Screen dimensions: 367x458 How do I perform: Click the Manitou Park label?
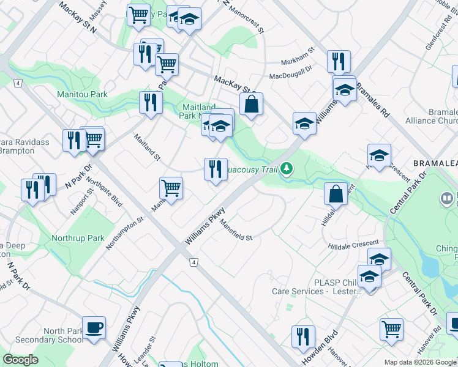point(82,94)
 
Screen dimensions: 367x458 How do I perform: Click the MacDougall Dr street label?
point(291,72)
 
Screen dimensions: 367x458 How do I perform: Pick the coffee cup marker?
point(94,328)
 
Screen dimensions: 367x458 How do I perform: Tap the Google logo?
point(21,360)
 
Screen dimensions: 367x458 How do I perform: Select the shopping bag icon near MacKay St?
point(251,105)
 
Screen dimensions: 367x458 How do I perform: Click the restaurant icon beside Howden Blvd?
point(303,337)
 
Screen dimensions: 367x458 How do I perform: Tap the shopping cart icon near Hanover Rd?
point(391,330)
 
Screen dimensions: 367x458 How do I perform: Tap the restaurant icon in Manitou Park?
point(150,103)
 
